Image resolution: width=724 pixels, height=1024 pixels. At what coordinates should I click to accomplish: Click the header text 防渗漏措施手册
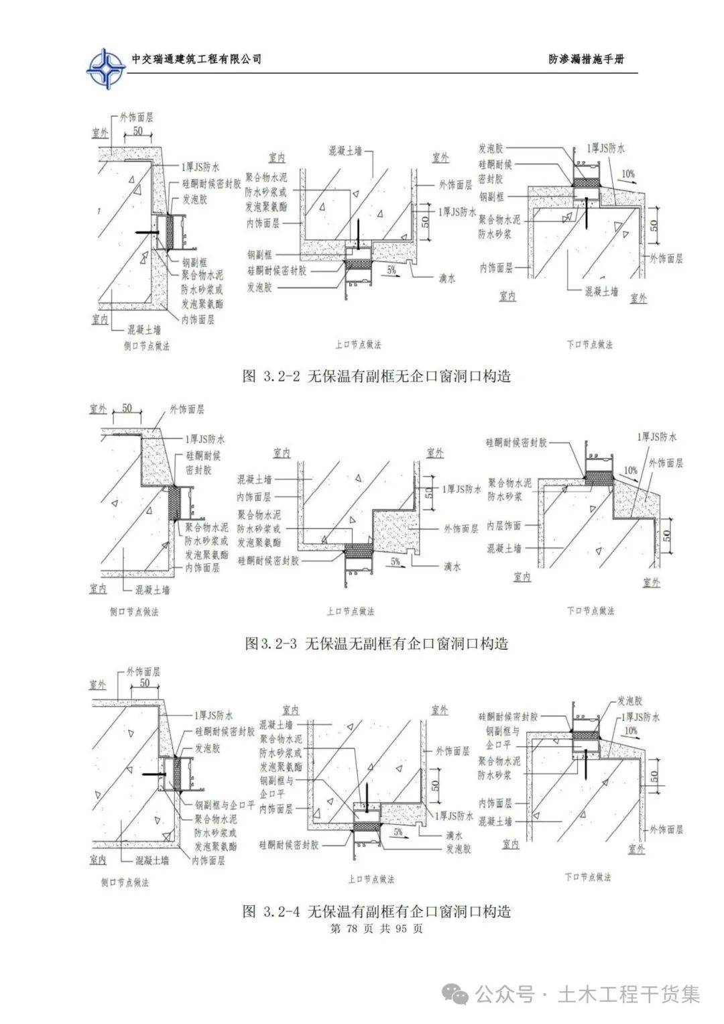click(x=586, y=59)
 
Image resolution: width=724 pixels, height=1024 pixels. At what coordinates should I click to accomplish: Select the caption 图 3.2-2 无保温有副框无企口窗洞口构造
click(x=376, y=376)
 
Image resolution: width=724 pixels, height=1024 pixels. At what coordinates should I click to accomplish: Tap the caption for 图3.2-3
click(x=376, y=644)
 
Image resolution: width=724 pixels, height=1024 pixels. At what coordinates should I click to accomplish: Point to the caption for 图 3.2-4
click(x=376, y=911)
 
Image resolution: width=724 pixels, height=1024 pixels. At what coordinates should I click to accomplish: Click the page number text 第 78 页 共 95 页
click(x=376, y=929)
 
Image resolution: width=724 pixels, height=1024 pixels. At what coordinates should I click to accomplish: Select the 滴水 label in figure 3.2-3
click(x=452, y=567)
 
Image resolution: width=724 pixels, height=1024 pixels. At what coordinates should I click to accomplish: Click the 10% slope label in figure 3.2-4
click(x=630, y=730)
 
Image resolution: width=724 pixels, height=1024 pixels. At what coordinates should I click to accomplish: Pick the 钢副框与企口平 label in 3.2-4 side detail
click(x=225, y=805)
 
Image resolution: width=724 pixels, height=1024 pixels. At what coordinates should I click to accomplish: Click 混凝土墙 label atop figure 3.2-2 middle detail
click(x=345, y=152)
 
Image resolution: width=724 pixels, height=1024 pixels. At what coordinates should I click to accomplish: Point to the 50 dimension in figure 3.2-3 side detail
click(x=127, y=408)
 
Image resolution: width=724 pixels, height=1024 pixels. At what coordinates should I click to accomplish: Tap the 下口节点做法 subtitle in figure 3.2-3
click(x=590, y=611)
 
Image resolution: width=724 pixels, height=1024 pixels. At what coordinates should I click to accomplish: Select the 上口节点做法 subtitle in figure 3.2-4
click(x=371, y=879)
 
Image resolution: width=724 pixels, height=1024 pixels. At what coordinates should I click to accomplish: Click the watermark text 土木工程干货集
click(x=629, y=994)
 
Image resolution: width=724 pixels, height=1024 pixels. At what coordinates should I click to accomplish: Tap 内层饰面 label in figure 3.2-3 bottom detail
click(x=503, y=526)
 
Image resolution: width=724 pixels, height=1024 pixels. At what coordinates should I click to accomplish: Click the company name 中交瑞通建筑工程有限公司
click(x=196, y=59)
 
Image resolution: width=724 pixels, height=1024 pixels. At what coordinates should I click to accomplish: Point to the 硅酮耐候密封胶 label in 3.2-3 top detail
click(x=267, y=561)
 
